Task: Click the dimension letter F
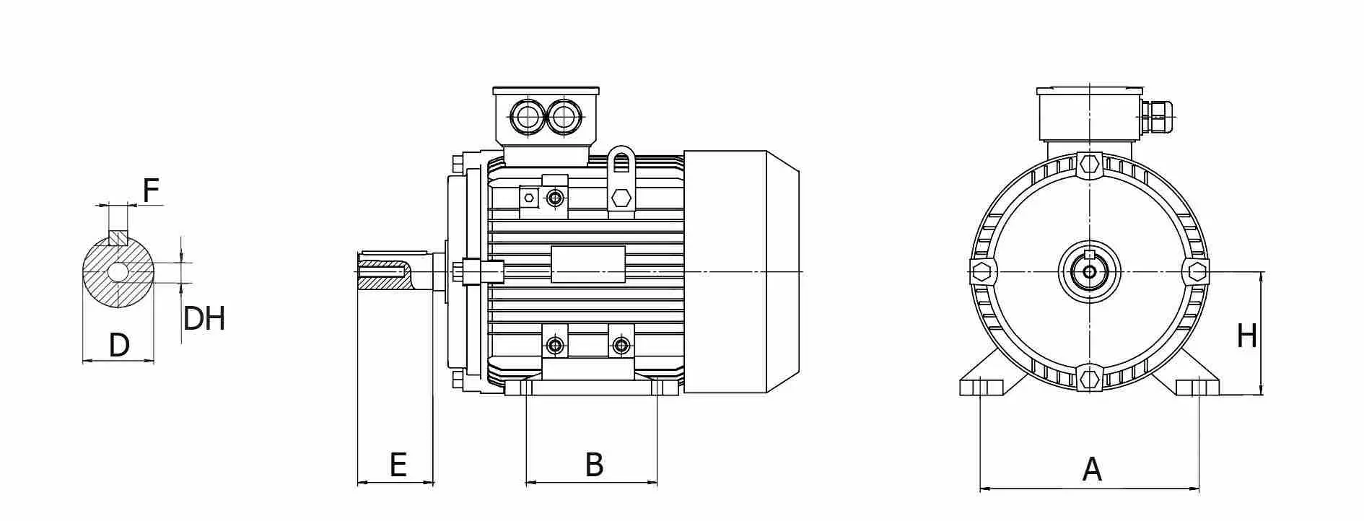(x=150, y=191)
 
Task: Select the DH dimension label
(x=204, y=318)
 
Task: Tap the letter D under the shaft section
(x=119, y=346)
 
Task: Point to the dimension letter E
(x=398, y=465)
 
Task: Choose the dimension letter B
(x=594, y=465)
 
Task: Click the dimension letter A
(x=1092, y=470)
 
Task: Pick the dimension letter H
(x=1247, y=336)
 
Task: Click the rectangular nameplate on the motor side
(x=588, y=264)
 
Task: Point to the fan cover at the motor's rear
(x=741, y=272)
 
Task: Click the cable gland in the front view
(x=1158, y=117)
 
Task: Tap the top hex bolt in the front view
(x=1089, y=165)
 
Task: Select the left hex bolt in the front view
(x=982, y=272)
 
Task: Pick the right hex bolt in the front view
(x=1197, y=272)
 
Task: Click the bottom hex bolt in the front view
(x=1089, y=378)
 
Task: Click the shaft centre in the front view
(x=1089, y=272)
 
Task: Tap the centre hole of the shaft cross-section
(x=118, y=272)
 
